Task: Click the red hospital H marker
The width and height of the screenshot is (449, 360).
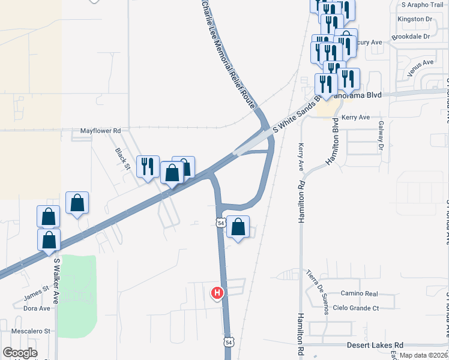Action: click(x=217, y=293)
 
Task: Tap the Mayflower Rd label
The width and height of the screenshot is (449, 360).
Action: click(x=101, y=130)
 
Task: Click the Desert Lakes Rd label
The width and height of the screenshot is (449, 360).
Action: click(x=375, y=345)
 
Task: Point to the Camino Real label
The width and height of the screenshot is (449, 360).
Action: click(x=358, y=294)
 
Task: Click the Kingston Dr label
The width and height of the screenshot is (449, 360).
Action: click(x=415, y=19)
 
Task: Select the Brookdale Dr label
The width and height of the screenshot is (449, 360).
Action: click(x=411, y=37)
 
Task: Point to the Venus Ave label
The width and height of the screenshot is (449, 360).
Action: click(x=420, y=63)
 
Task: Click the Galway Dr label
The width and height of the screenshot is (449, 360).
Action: click(x=381, y=134)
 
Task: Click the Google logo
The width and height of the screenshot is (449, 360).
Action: click(x=20, y=353)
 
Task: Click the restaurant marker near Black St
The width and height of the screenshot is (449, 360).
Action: click(x=148, y=166)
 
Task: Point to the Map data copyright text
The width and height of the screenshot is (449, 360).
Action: click(x=424, y=355)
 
